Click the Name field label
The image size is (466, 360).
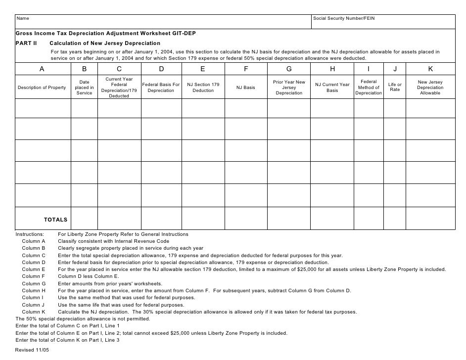23,19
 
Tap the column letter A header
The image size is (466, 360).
42,69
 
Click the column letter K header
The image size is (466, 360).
430,69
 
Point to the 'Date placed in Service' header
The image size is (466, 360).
84,88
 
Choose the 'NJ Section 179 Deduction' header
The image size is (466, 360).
203,88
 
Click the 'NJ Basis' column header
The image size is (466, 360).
246,88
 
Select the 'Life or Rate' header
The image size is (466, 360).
395,88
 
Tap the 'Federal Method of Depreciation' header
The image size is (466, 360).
369,88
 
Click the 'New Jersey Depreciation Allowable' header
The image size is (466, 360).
430,88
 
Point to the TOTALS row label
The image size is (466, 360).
56,220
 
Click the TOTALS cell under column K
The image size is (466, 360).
430,218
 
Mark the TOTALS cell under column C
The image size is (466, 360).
119,218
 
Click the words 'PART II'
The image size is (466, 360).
26,43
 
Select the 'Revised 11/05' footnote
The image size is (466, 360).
32,350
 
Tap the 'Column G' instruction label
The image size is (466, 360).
34,283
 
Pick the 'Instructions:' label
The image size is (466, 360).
30,234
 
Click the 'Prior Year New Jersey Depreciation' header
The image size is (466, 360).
289,88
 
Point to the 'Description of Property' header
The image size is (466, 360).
42,88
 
